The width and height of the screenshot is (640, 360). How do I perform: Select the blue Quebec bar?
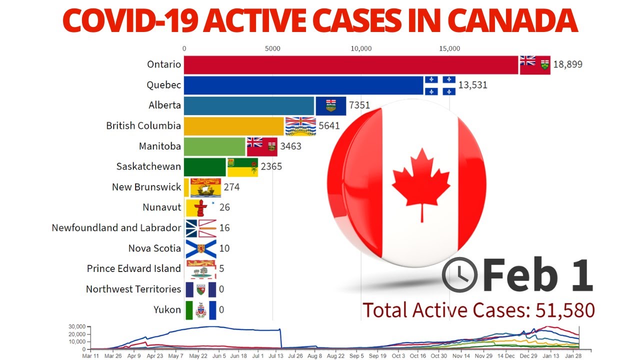tap(304, 85)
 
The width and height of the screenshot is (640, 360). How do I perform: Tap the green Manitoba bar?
tap(215, 146)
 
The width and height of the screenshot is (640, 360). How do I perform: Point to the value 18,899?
tap(567, 64)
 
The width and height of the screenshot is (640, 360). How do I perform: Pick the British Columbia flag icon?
tap(300, 126)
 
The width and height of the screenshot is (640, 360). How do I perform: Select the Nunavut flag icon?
tap(200, 207)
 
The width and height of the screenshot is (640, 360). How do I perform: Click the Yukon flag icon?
tap(200, 310)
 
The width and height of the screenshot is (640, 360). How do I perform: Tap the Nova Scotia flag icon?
tap(200, 248)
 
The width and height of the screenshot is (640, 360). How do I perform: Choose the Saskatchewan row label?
tap(148, 166)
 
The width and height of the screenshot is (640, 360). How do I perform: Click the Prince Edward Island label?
tap(133, 268)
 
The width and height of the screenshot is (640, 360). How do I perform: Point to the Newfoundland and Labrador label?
tap(116, 228)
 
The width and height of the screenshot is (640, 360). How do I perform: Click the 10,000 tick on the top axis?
tap(361, 48)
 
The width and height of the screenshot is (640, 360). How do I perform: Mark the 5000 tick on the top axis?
tap(272, 48)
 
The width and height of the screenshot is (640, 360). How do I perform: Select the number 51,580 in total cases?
tap(565, 310)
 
